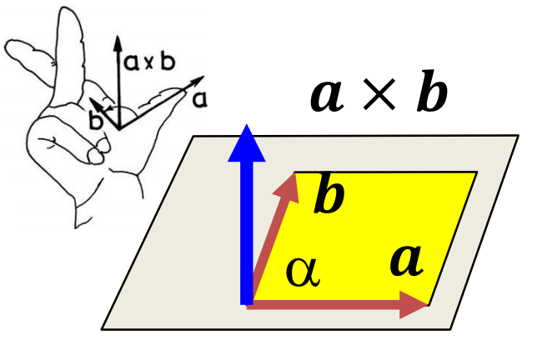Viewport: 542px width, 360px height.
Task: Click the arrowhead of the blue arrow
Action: click(x=245, y=143)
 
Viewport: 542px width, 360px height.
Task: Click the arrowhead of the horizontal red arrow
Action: click(x=414, y=303)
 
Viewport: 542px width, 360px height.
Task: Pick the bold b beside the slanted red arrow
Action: click(x=329, y=198)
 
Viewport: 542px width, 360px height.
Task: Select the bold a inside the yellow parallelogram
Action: click(x=407, y=260)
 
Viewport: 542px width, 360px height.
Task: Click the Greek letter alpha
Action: click(x=302, y=272)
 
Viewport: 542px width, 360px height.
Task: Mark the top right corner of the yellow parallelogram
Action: click(x=476, y=172)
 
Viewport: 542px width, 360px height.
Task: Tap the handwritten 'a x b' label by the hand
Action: click(x=149, y=62)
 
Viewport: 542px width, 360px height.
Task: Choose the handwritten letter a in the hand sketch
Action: click(x=199, y=99)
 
